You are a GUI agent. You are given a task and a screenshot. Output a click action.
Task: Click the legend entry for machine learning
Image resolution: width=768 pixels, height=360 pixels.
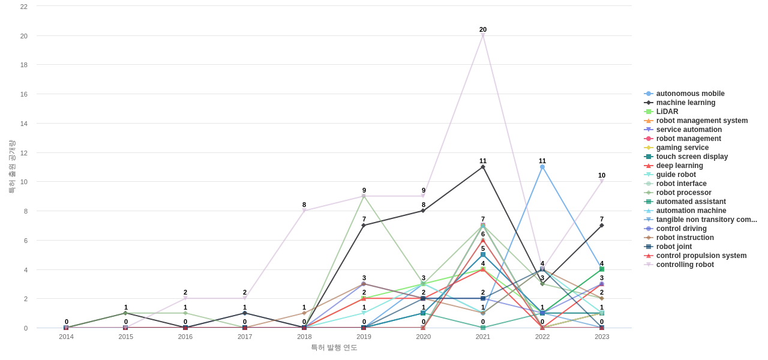685,103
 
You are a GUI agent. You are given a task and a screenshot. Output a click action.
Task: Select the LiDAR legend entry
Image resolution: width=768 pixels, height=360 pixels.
667,112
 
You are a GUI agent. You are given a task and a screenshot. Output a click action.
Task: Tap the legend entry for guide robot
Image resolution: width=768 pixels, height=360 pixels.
676,175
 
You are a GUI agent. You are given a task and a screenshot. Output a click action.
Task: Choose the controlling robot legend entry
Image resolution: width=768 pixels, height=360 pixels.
685,265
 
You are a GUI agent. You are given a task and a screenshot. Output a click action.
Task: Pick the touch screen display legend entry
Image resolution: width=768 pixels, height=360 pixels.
691,157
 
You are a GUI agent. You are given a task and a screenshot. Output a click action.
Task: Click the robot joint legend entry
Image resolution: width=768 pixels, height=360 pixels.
673,247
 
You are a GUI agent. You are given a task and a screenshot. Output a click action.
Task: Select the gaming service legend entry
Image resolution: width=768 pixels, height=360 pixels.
682,148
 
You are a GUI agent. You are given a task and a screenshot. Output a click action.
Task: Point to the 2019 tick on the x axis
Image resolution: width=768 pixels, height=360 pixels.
364,337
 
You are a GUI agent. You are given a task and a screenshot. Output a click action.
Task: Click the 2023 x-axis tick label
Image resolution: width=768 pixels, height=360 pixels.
602,337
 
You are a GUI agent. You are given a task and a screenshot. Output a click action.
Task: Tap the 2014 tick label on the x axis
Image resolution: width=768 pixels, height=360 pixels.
66,337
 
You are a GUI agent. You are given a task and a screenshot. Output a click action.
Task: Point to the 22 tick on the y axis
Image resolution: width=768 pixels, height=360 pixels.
24,7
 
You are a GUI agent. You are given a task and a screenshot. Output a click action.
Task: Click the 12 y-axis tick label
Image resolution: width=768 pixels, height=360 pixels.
24,152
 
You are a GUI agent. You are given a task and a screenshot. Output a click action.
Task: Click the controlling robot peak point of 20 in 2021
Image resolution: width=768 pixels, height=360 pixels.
483,36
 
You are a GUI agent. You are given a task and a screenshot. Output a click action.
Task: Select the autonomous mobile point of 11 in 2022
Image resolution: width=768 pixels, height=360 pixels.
542,167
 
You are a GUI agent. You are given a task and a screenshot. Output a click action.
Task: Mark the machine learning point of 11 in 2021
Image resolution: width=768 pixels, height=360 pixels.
483,167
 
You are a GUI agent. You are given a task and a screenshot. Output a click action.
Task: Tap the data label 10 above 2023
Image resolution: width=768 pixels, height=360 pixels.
602,175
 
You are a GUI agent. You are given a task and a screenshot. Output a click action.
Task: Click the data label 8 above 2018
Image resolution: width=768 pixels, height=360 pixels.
304,205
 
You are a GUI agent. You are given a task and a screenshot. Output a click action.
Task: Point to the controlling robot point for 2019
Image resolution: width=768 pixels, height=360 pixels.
364,196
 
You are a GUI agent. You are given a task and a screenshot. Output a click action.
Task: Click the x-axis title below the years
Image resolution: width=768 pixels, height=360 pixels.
334,347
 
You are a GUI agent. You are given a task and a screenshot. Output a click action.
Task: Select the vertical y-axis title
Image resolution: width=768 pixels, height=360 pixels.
11,167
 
